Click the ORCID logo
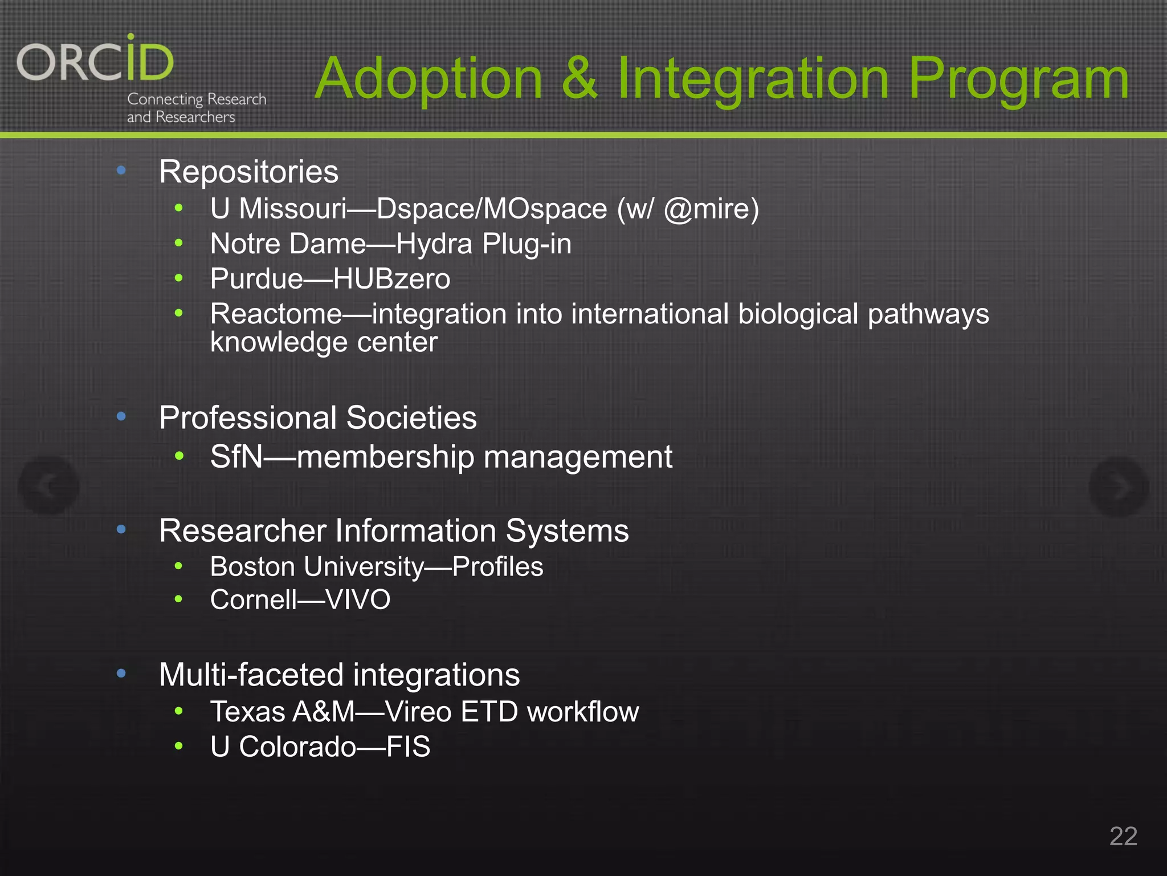click(95, 60)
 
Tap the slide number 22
click(1123, 837)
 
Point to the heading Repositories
click(248, 172)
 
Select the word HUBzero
click(391, 279)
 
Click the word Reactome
click(276, 314)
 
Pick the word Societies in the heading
click(411, 418)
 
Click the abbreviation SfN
click(236, 457)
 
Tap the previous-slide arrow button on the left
click(49, 486)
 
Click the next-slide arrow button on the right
click(1118, 486)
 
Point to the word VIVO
click(357, 600)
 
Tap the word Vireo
click(418, 712)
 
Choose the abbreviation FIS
click(408, 747)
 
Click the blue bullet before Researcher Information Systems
click(121, 530)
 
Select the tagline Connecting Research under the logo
click(197, 99)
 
